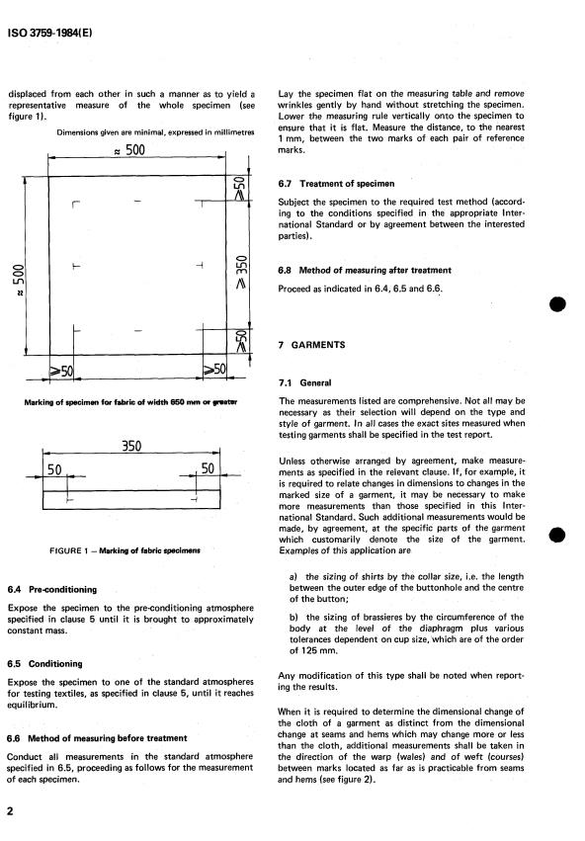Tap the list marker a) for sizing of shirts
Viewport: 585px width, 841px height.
point(293,576)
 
